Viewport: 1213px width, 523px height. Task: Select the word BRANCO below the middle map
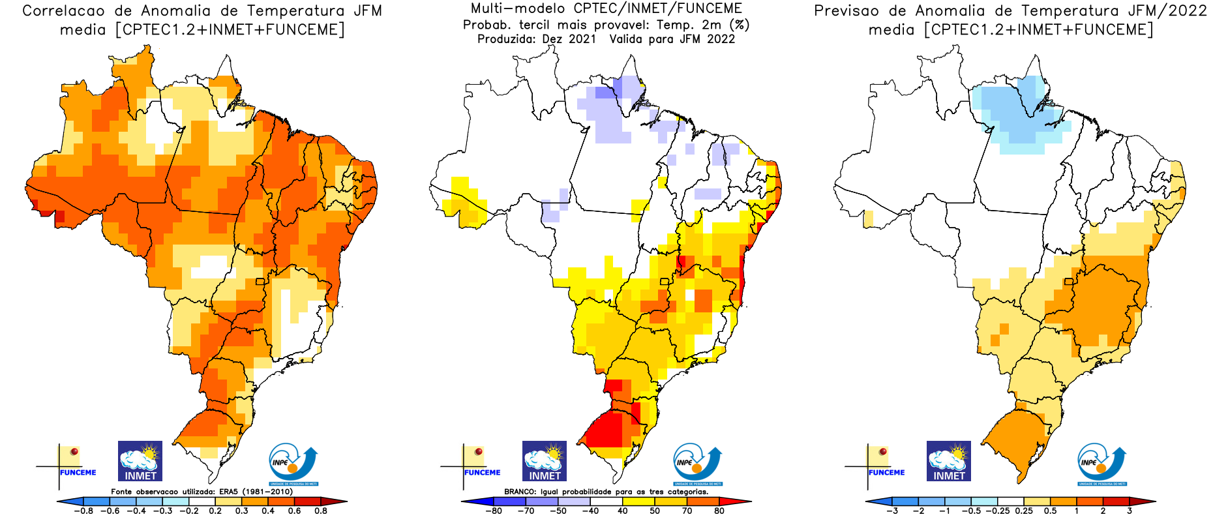click(x=520, y=492)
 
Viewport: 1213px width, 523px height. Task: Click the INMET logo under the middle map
click(x=544, y=461)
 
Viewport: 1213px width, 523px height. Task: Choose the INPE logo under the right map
click(x=1101, y=464)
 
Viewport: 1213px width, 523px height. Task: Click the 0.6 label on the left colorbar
click(x=294, y=511)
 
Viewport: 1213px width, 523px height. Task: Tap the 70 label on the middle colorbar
click(x=687, y=511)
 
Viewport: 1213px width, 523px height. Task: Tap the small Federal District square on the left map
click(x=260, y=282)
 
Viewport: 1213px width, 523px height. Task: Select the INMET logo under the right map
click(x=948, y=461)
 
